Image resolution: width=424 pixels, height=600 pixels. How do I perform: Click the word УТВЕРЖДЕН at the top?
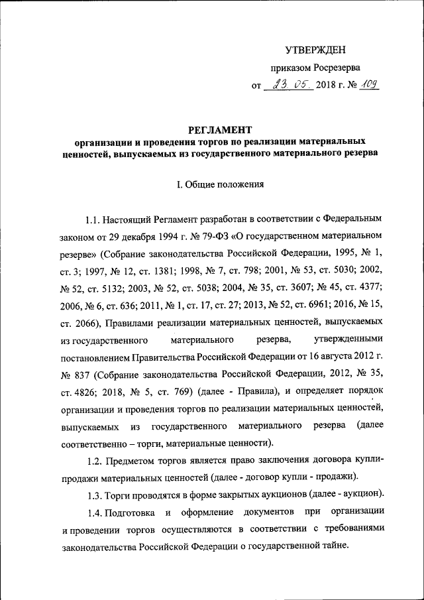tap(315, 50)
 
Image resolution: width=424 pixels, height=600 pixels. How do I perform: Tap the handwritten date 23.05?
tap(286, 84)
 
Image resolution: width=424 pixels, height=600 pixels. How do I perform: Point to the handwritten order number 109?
tap(368, 84)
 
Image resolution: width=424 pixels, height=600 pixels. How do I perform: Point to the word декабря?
tap(125, 235)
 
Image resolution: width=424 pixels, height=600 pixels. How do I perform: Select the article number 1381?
tap(173, 270)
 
